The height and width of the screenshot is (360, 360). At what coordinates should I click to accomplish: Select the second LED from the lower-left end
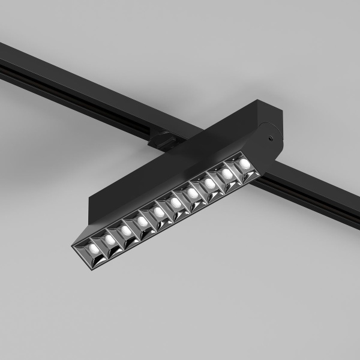[110, 238]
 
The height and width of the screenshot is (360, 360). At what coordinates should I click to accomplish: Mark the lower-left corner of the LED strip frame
[73, 247]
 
